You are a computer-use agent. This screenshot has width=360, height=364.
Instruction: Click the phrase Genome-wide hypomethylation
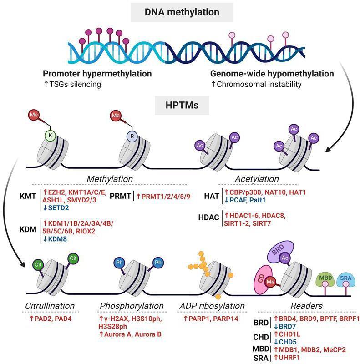point(272,73)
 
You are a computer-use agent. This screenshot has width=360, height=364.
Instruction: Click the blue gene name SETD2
point(56,207)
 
